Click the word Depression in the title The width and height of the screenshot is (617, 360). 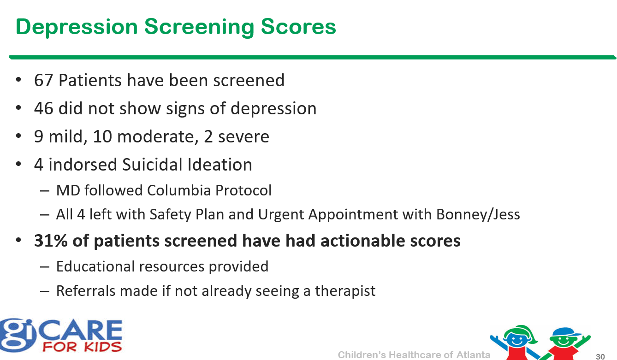point(77,28)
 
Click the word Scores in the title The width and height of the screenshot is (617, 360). point(298,27)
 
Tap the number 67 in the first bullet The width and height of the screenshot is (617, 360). point(43,80)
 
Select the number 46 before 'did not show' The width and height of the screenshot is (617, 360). point(43,108)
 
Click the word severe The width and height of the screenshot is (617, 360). point(243,137)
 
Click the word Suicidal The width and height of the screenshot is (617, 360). point(153,164)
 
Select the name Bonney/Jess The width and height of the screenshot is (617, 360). point(478,214)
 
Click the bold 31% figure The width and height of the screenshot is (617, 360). point(51,241)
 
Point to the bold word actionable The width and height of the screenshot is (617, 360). point(363,241)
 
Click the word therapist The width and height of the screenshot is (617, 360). point(345,291)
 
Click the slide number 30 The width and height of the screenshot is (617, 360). point(600,357)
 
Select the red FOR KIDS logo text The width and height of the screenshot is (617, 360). point(82,347)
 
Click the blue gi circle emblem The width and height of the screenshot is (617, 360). point(17,335)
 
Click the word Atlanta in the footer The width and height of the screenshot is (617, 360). point(473,355)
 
